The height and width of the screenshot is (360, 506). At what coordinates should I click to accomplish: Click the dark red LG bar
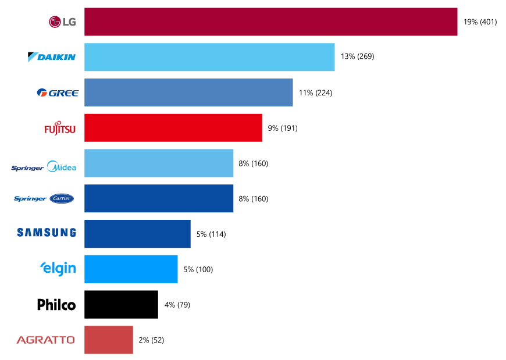point(270,22)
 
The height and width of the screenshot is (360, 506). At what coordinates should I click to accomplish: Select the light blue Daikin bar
point(209,57)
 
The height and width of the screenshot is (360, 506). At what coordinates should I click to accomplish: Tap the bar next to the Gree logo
point(188,92)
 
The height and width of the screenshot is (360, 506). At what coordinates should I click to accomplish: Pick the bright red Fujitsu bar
point(173,127)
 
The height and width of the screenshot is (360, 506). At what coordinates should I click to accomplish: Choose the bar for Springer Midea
point(159,163)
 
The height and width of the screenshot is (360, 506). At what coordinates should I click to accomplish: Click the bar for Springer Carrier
point(159,198)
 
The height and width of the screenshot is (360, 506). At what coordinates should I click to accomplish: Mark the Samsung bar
point(137,234)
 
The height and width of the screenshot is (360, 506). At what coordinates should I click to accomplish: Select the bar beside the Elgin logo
point(131,269)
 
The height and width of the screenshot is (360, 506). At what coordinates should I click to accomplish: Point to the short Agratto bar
point(108,340)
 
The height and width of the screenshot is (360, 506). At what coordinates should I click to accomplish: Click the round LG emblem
point(55,22)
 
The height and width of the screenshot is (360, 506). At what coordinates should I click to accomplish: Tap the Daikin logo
point(52,57)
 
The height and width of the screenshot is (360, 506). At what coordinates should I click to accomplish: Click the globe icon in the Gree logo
point(41,92)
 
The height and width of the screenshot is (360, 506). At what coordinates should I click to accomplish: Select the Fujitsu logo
point(60,129)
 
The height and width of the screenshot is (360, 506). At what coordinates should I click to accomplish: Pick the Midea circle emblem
point(52,166)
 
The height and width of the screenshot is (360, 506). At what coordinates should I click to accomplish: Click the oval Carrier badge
point(62,198)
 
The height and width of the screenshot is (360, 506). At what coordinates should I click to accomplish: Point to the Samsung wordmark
point(47,233)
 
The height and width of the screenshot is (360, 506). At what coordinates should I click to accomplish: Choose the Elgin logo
point(58,268)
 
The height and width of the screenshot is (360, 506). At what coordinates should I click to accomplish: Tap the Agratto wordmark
point(45,340)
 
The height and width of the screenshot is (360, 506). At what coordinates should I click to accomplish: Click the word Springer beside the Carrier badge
point(30,199)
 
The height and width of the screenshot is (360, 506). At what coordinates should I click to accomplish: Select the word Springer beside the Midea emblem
point(27,168)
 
